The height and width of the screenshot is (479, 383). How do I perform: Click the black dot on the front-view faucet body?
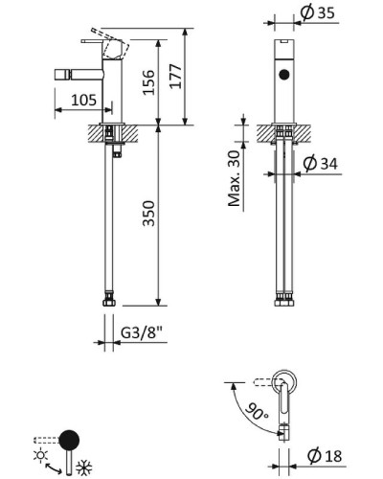(x=282, y=75)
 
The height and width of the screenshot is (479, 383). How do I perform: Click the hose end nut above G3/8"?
(x=111, y=304)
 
